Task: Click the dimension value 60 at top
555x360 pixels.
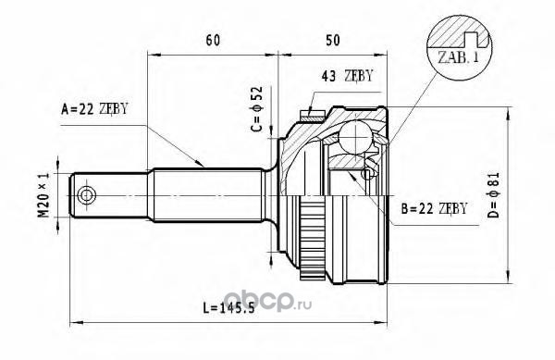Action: click(213, 41)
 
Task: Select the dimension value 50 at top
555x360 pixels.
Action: click(333, 41)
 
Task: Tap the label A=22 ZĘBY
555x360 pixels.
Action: click(94, 108)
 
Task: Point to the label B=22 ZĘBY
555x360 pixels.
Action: click(435, 208)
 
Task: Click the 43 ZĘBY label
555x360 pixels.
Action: click(347, 75)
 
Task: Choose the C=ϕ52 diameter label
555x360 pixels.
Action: click(257, 108)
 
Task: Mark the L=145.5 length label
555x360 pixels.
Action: click(228, 308)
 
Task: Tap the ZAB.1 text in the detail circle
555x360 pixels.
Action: click(458, 57)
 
